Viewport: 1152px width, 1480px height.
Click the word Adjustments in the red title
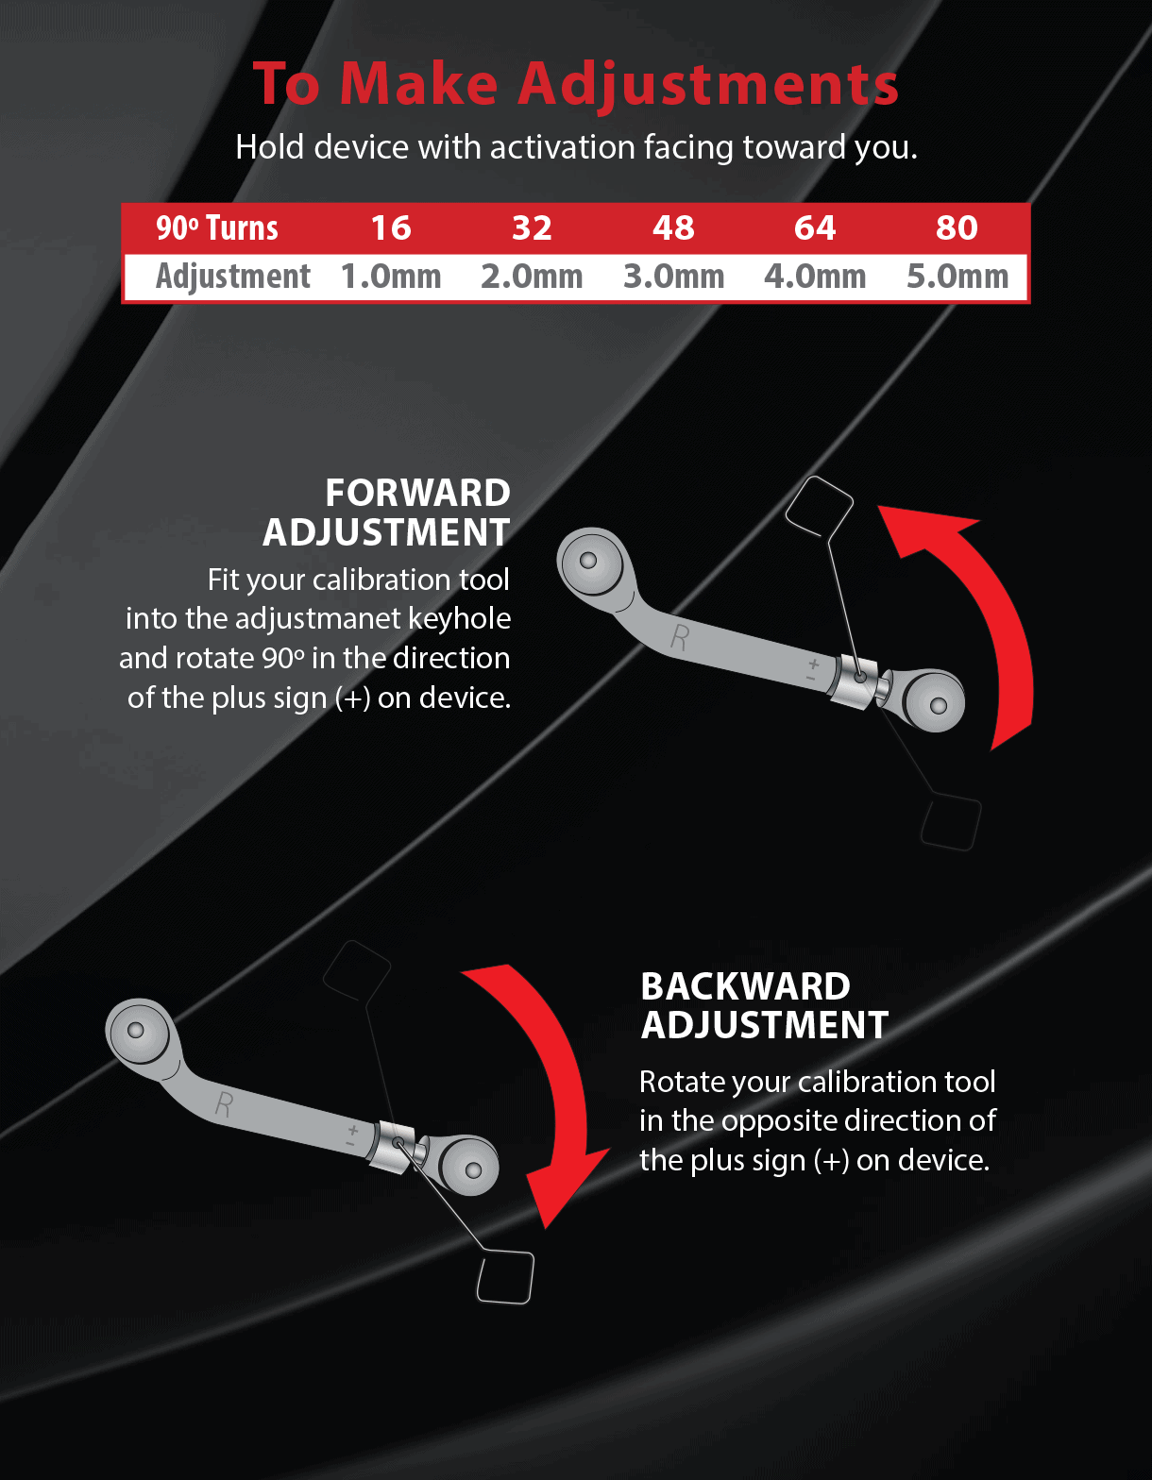click(x=708, y=85)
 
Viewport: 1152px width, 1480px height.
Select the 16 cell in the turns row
click(x=391, y=228)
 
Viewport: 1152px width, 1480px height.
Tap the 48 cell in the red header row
click(x=673, y=228)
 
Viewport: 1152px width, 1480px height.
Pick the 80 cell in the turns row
click(x=957, y=228)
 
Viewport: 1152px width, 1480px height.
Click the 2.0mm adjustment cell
click(x=532, y=277)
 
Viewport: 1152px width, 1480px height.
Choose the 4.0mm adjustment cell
click(x=815, y=277)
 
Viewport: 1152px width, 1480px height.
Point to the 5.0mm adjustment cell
click(x=957, y=277)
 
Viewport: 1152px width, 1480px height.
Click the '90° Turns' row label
click(x=216, y=228)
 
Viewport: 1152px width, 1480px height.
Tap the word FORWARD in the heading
click(x=417, y=493)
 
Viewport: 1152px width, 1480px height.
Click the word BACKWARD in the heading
click(x=745, y=985)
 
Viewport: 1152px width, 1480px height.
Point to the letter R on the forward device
click(x=679, y=638)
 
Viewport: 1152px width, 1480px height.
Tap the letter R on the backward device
click(x=224, y=1104)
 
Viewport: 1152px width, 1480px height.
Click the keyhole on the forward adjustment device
click(x=860, y=677)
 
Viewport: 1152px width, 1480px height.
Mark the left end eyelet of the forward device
click(x=588, y=562)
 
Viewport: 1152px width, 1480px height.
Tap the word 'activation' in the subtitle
click(x=563, y=147)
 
